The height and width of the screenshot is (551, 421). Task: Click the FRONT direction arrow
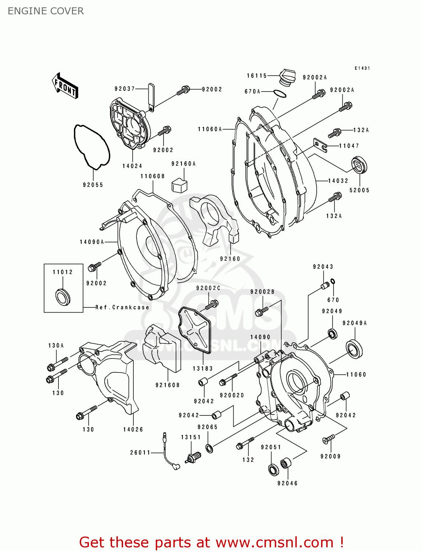click(65, 86)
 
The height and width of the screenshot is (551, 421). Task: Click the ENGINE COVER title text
click(46, 11)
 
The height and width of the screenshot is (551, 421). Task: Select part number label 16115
click(256, 76)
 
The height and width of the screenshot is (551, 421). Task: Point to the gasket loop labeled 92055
click(91, 147)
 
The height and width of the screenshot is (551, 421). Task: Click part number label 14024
click(132, 166)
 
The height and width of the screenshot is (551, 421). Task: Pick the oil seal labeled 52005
click(359, 165)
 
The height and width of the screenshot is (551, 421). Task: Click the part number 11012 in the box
click(63, 272)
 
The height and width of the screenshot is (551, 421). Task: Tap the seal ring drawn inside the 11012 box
click(62, 296)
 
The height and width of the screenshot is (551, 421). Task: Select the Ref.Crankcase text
click(122, 307)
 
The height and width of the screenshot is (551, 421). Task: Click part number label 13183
click(203, 368)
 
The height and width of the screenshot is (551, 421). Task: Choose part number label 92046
click(287, 483)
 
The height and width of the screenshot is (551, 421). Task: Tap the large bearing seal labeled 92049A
click(355, 349)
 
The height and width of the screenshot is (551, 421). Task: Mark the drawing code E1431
click(362, 68)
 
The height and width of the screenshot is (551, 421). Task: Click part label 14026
click(133, 429)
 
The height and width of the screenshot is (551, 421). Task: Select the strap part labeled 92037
click(151, 96)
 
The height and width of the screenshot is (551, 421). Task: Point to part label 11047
click(349, 146)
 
